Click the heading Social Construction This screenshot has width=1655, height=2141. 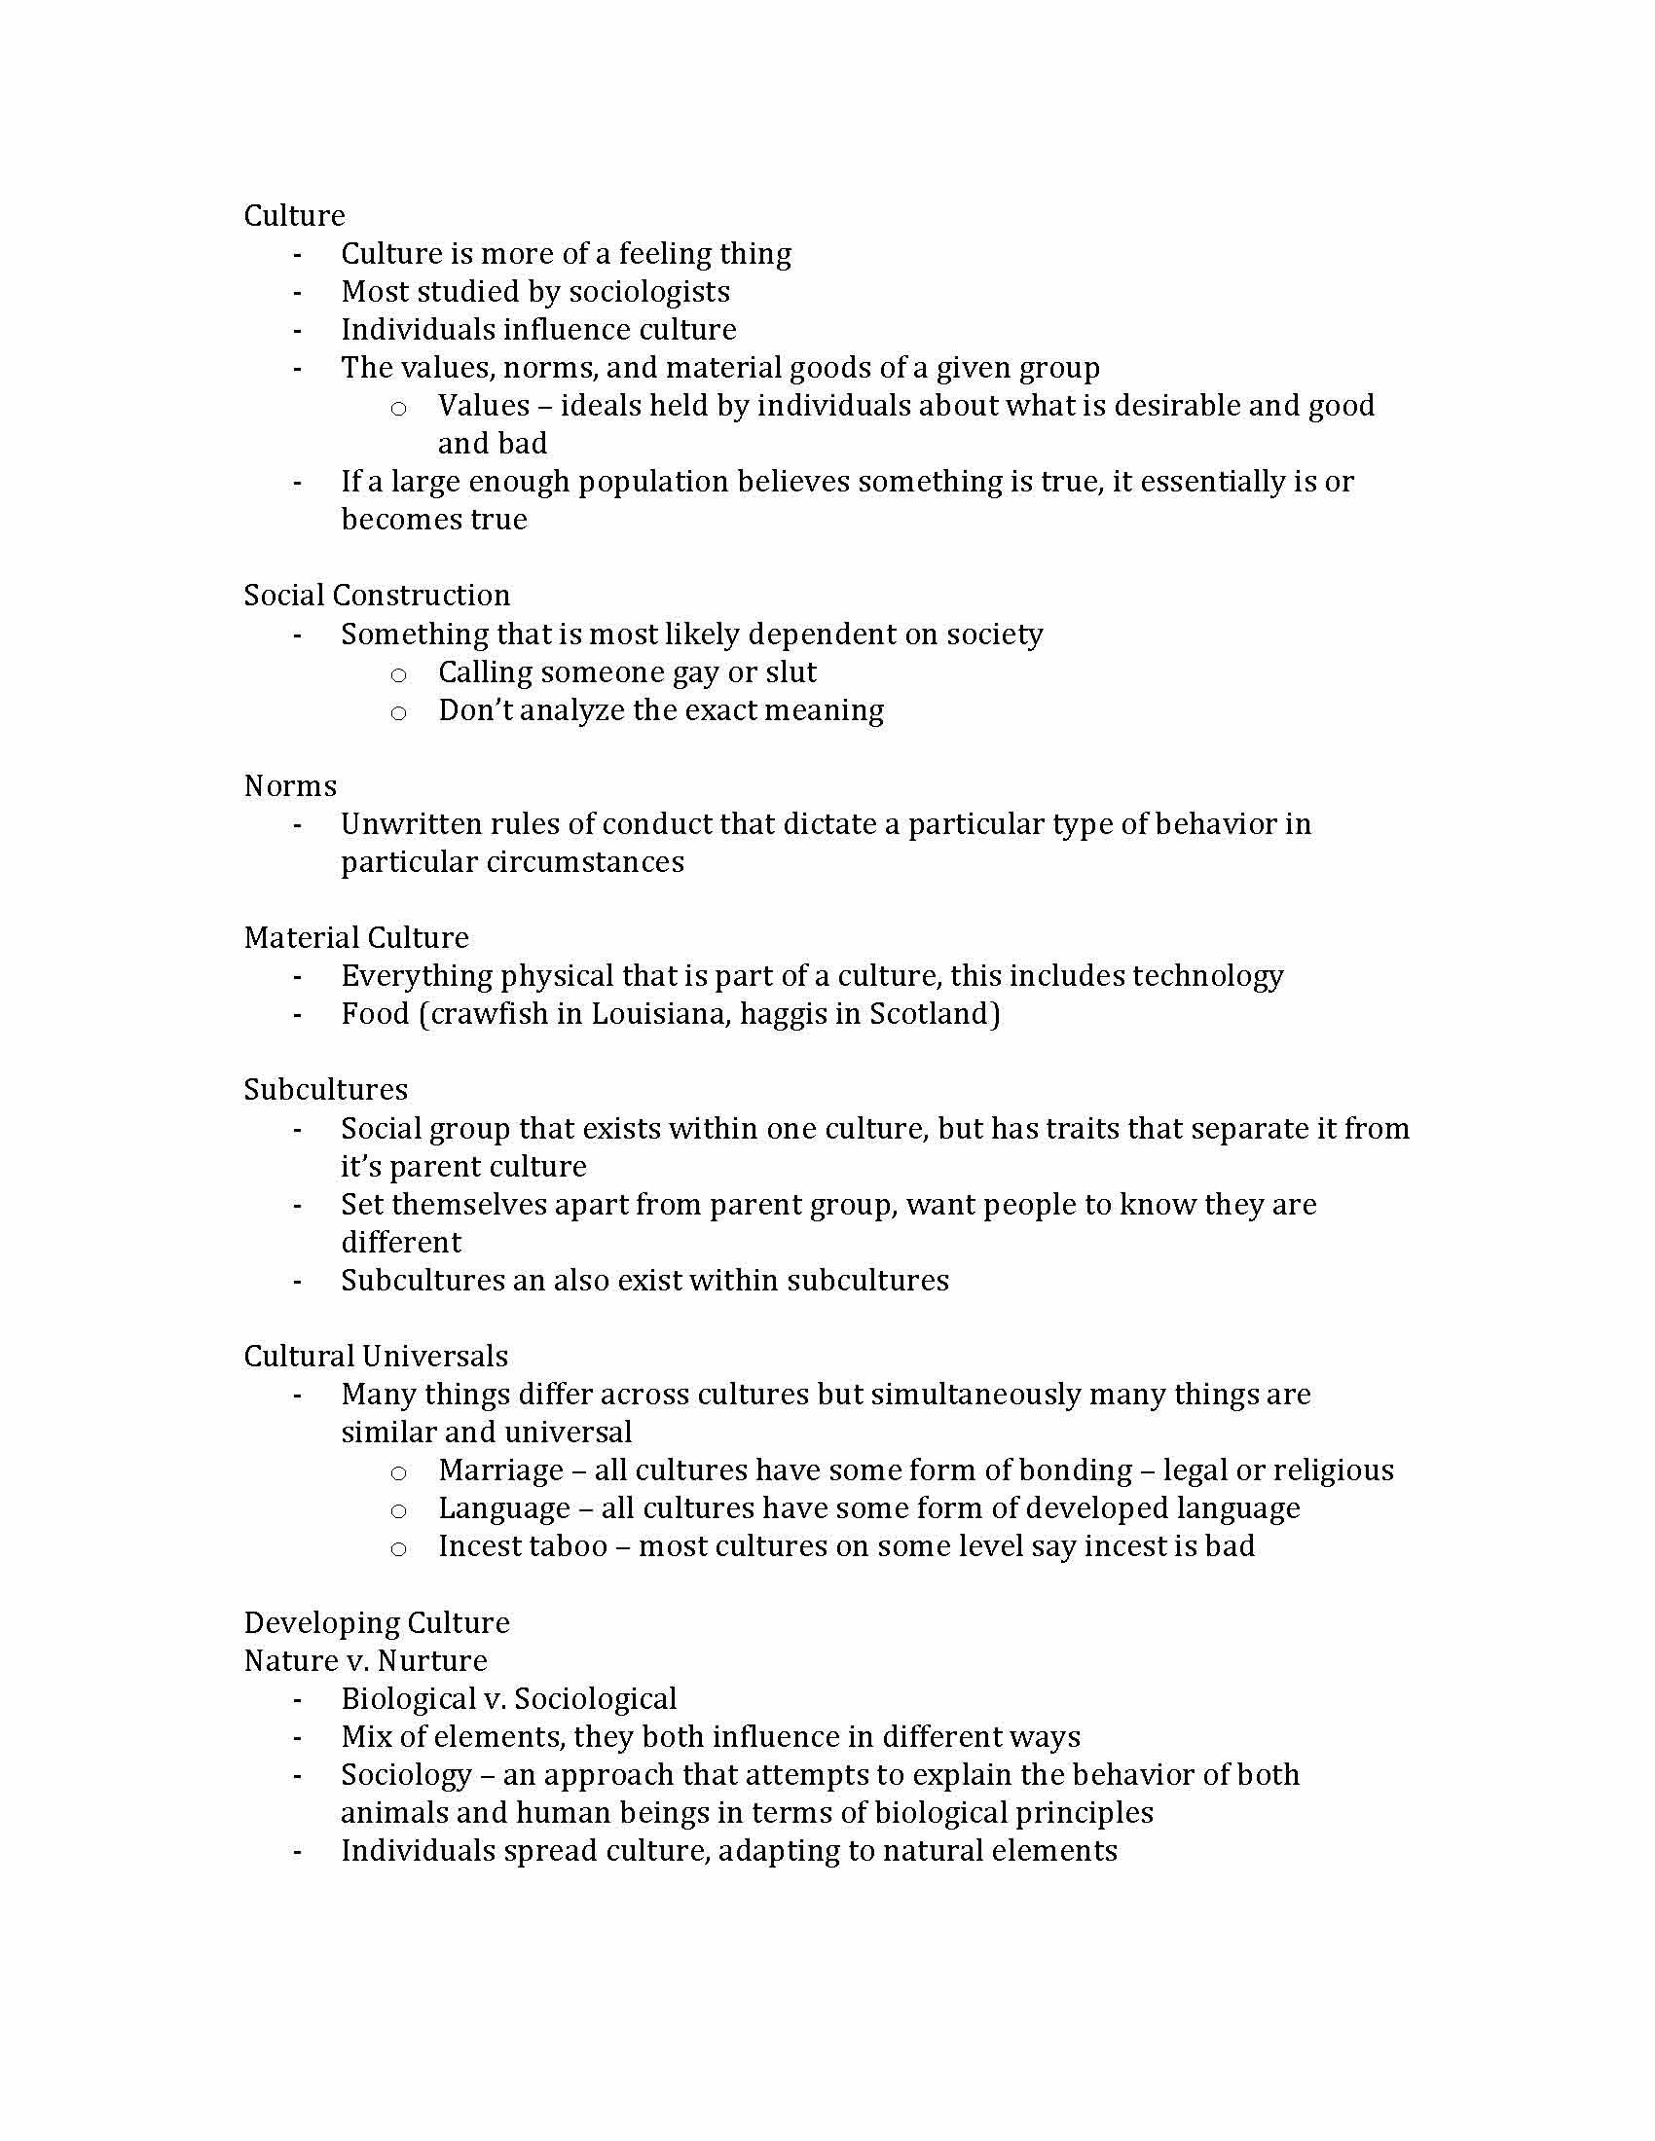377,595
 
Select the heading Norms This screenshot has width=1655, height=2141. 290,785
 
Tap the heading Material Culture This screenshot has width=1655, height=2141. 356,937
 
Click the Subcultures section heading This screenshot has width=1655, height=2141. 325,1089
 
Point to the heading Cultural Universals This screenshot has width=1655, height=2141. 376,1356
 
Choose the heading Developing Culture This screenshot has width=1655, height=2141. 377,1622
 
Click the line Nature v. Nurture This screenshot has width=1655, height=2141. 365,1660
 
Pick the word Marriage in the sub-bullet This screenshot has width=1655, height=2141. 501,1470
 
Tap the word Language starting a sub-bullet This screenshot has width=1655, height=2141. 504,1507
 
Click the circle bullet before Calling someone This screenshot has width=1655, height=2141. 398,674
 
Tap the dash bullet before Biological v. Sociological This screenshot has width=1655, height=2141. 297,1700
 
